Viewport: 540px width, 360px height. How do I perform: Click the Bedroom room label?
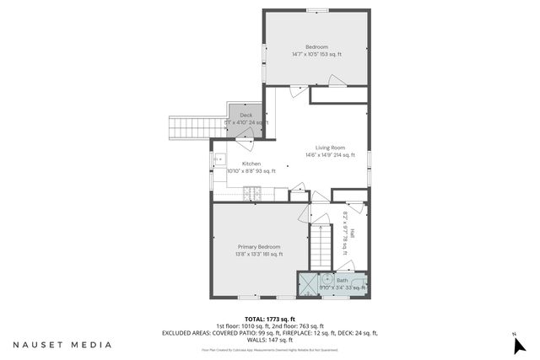click(x=316, y=46)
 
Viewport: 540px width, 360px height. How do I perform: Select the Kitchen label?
click(x=251, y=164)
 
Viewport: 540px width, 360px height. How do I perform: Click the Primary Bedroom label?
click(x=259, y=246)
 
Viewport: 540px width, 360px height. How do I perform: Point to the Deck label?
click(x=246, y=116)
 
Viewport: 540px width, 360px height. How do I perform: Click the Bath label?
click(x=343, y=280)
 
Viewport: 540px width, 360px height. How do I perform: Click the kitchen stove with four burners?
click(x=252, y=194)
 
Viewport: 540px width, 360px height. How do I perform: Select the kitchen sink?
click(x=217, y=159)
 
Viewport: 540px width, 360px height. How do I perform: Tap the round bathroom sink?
click(x=327, y=275)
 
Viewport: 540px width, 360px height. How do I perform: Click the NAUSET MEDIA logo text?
click(x=62, y=345)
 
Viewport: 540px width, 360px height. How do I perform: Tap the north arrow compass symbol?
click(x=518, y=344)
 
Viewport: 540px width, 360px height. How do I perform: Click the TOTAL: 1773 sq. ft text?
click(x=269, y=319)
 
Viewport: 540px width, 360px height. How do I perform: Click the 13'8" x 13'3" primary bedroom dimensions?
click(x=259, y=254)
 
